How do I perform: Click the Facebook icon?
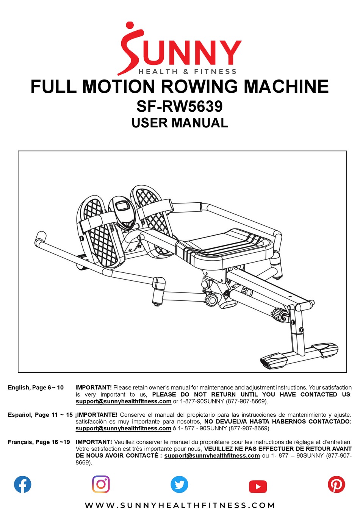tap(23, 485)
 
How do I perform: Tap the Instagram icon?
tap(101, 484)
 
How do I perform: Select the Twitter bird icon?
tap(179, 484)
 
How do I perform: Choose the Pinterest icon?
tap(336, 484)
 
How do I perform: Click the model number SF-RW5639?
tap(180, 106)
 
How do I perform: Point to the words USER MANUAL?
tap(180, 123)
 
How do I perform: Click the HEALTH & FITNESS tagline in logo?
tap(187, 72)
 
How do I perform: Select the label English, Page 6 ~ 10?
tap(36, 388)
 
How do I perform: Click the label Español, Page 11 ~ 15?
tap(40, 415)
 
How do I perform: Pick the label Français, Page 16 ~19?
tap(39, 442)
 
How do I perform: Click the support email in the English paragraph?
tap(124, 401)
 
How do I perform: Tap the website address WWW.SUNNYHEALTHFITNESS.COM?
tap(180, 505)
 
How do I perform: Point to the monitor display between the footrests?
tap(122, 207)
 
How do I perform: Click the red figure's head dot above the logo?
tap(130, 25)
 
